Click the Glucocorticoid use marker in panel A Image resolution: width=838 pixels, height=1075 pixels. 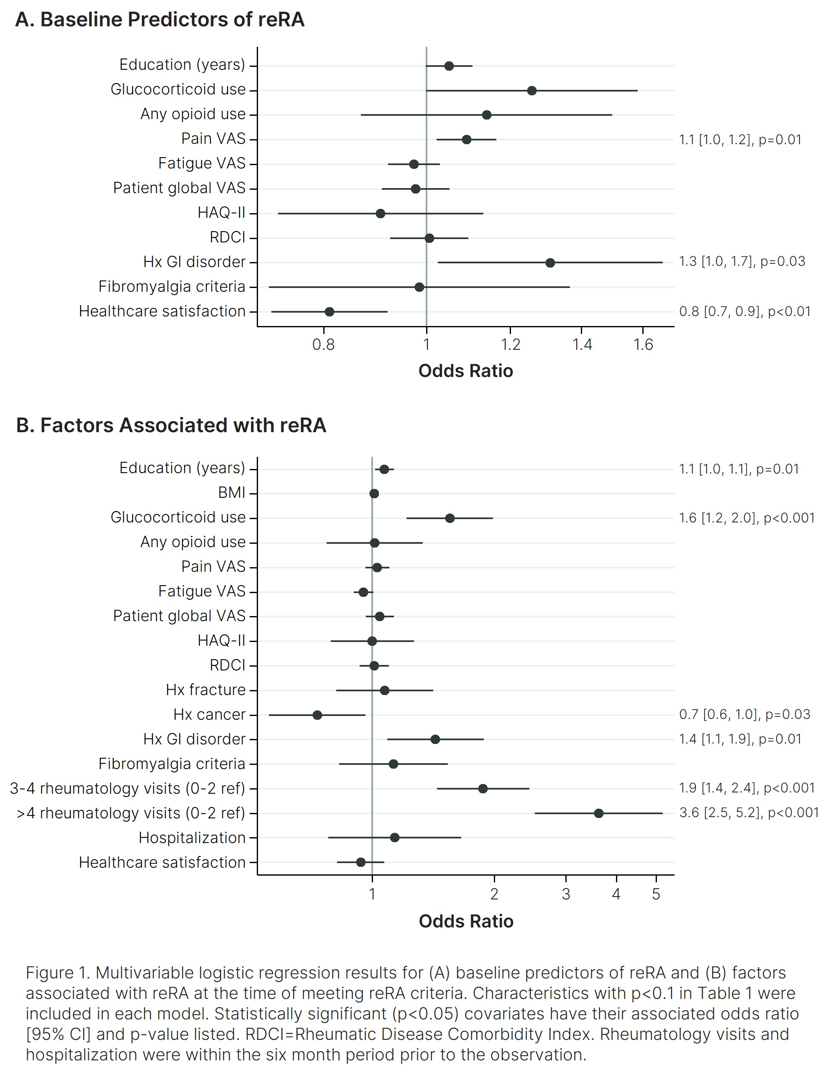(x=532, y=91)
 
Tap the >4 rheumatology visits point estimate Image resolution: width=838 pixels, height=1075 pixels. (x=599, y=813)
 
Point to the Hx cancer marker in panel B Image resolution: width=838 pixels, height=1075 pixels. (x=317, y=715)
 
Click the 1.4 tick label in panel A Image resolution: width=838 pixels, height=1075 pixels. (x=582, y=344)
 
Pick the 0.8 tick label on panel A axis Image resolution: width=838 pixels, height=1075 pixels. (x=324, y=344)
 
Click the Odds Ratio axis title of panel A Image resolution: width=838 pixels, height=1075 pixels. (x=465, y=371)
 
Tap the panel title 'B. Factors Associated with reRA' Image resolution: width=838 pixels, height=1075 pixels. (x=171, y=425)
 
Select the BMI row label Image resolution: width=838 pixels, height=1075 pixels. (x=231, y=493)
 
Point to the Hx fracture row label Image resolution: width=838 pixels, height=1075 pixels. (x=205, y=690)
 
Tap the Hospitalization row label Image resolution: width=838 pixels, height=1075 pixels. (x=192, y=837)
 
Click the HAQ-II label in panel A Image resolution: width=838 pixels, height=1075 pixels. (x=221, y=213)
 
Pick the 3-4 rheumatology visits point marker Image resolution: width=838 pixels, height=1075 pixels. (x=483, y=789)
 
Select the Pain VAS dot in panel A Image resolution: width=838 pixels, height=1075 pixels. (x=467, y=140)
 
